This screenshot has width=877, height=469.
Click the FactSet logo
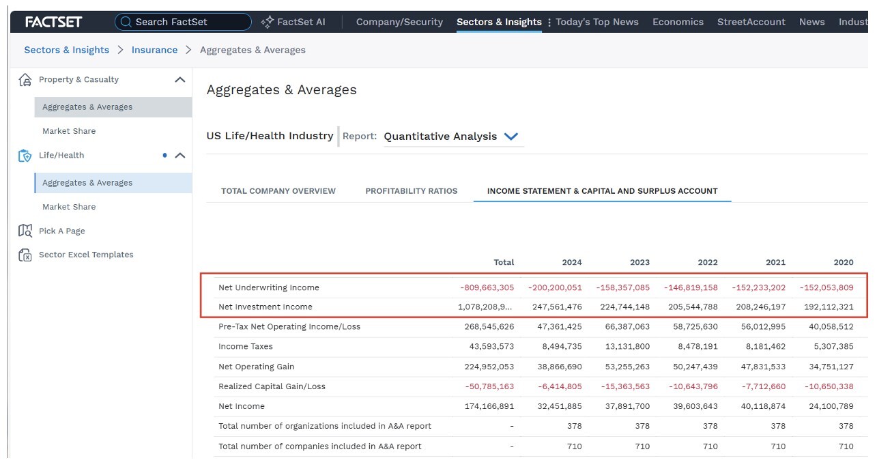point(54,22)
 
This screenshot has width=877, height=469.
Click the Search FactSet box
point(183,22)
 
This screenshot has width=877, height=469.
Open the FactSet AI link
point(293,22)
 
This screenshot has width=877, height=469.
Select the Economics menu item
point(678,22)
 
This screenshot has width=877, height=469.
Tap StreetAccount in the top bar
point(751,22)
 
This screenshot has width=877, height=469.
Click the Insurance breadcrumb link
point(154,50)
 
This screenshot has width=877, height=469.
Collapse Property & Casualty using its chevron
point(179,80)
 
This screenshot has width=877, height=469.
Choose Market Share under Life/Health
point(69,207)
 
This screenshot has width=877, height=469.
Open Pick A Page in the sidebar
point(62,231)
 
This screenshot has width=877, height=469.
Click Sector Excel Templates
point(86,255)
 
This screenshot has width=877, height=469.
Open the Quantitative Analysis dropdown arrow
point(511,137)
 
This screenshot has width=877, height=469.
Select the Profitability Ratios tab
point(411,191)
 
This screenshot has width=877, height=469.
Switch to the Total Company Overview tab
point(278,191)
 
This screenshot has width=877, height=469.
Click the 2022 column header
point(708,262)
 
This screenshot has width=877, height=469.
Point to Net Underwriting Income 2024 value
point(555,287)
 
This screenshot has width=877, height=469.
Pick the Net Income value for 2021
point(763,406)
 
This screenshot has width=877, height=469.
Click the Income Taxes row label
point(246,347)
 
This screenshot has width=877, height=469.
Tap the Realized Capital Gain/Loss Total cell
point(489,386)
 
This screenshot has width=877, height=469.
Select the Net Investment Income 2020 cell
point(829,307)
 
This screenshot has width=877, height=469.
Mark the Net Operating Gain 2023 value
point(627,367)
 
